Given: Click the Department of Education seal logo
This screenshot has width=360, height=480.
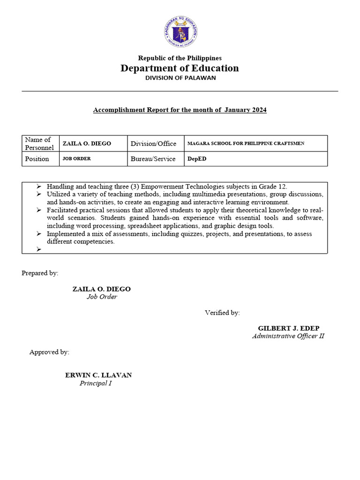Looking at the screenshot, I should (180, 32).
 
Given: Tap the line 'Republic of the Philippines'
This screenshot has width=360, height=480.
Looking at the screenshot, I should (180, 58).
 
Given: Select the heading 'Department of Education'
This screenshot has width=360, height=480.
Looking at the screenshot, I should (180, 68).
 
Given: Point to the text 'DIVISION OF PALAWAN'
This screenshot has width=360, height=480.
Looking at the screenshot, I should (180, 78).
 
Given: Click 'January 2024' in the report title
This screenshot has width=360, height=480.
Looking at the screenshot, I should (245, 110).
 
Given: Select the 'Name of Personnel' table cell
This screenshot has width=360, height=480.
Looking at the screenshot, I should (40, 143).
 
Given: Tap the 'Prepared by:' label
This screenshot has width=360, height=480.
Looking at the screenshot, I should (40, 273).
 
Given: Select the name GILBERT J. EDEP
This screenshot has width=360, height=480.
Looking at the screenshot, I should (289, 328).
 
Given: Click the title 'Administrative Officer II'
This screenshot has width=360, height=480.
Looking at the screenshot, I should (288, 336).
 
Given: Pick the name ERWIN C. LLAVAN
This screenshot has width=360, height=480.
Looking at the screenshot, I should (98, 375).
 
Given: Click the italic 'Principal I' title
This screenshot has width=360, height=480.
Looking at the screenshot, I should (96, 383).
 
